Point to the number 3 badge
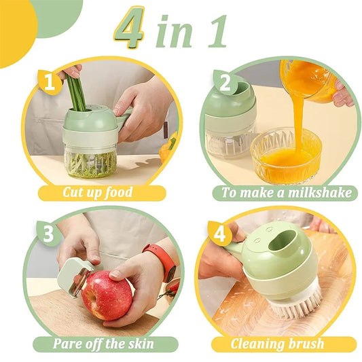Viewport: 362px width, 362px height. (48, 234)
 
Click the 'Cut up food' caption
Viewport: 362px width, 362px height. (99, 192)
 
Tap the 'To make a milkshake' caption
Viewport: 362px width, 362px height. (288, 192)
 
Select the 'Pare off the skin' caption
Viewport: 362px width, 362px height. (104, 344)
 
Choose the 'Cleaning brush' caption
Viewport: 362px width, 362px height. (276, 344)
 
